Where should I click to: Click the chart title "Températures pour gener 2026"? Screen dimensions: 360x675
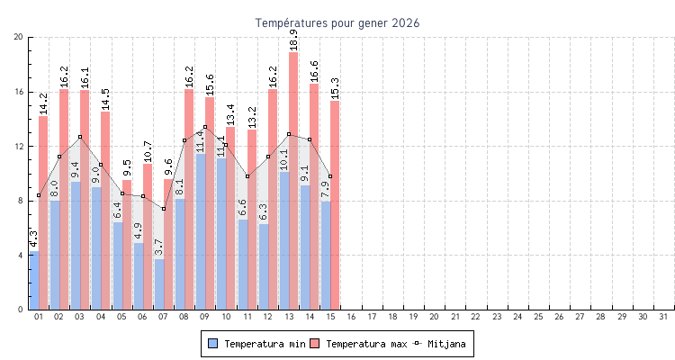[x=337, y=22]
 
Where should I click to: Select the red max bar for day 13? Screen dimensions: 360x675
[x=293, y=180]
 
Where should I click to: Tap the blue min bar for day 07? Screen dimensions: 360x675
[x=159, y=284]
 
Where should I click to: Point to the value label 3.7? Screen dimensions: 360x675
[x=159, y=247]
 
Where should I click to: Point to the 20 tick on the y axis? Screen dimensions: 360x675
[x=19, y=37]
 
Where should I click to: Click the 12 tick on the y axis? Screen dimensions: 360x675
[x=19, y=146]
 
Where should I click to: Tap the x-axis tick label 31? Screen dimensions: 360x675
[x=663, y=317]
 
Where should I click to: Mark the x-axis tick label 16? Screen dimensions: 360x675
[x=351, y=317]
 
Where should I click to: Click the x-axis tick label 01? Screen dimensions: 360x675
[x=39, y=317]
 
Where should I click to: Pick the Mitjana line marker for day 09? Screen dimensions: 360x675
[x=205, y=127]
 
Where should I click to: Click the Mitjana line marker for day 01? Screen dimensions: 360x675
[x=39, y=195]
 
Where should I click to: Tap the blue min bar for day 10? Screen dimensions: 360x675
[x=221, y=234]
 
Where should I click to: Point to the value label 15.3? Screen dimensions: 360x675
[x=335, y=87]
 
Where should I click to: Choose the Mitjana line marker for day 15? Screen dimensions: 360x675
[x=330, y=176]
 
